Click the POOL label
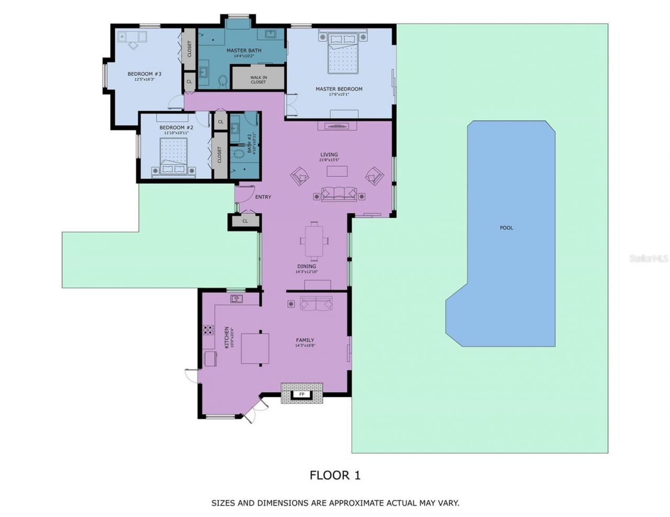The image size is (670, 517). [506, 228]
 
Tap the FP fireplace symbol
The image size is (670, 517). [301, 394]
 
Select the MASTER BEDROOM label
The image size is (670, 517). [339, 89]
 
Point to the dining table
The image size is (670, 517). [314, 240]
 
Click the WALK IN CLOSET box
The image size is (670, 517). [258, 79]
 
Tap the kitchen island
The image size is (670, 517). [255, 348]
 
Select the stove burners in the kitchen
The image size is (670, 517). [209, 330]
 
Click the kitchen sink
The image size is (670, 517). [237, 298]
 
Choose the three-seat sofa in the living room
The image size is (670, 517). [339, 194]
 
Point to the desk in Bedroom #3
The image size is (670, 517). [132, 36]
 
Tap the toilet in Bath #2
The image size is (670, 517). [240, 153]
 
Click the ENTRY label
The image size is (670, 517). [263, 197]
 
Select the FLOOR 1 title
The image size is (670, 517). [335, 475]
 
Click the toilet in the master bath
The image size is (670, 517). [222, 81]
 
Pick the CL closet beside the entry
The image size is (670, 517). [244, 221]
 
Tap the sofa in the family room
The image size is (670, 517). [316, 303]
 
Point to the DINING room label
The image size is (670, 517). [306, 267]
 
